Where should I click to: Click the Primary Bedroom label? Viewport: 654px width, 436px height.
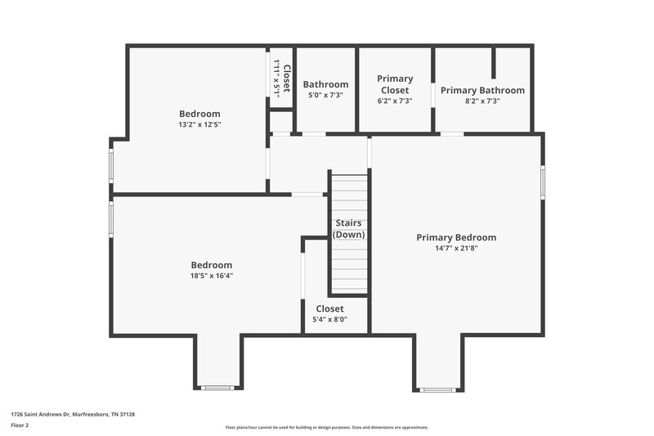tap(456, 237)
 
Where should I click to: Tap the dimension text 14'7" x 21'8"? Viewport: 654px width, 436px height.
tap(456, 248)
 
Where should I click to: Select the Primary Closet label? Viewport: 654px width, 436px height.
tap(395, 84)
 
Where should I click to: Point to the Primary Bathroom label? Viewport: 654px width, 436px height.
tap(482, 90)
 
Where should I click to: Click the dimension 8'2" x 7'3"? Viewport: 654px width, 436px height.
tap(482, 101)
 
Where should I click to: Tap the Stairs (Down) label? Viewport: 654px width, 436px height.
tap(348, 228)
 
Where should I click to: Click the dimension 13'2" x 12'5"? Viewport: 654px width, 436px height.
tap(199, 124)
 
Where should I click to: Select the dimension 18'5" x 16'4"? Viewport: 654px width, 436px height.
tap(211, 276)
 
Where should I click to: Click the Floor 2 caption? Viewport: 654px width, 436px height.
tap(20, 425)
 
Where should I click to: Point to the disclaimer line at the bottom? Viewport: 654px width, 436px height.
tap(326, 427)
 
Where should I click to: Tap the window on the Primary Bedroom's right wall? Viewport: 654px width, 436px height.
tap(541, 182)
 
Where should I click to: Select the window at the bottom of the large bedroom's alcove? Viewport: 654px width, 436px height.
tap(218, 388)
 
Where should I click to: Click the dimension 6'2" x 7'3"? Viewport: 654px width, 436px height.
tap(395, 101)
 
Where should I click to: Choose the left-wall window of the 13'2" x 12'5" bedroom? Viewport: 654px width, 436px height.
tap(112, 163)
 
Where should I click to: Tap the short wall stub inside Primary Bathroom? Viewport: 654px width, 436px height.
tap(494, 62)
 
